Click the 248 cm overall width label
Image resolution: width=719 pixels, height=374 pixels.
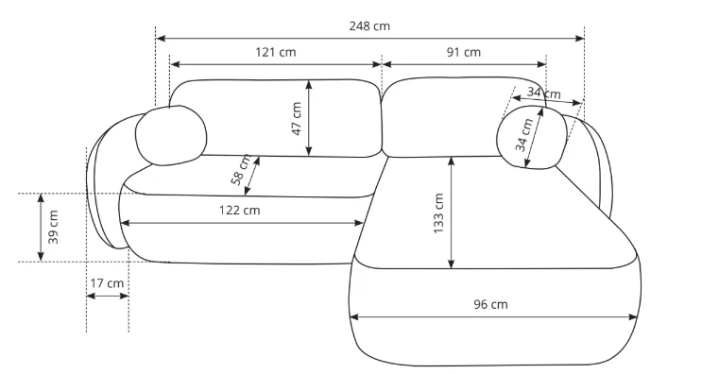click(x=369, y=26)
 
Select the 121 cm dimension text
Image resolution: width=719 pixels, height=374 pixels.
click(x=276, y=52)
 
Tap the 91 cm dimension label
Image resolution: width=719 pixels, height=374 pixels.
click(x=464, y=52)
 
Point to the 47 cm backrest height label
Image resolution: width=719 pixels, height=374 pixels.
click(x=297, y=119)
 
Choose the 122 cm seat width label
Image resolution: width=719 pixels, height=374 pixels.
click(x=239, y=211)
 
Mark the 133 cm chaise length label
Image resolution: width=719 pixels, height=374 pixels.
click(x=438, y=213)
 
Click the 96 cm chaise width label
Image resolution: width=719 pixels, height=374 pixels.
click(x=490, y=304)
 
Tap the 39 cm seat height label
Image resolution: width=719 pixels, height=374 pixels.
click(x=54, y=227)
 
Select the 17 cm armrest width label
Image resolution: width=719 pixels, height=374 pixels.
click(x=107, y=283)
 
